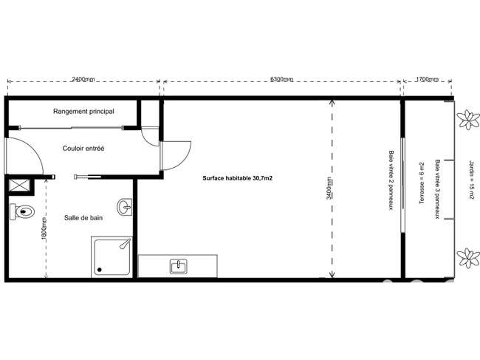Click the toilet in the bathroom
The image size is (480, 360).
pos(21,211)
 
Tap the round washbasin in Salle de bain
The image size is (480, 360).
pos(125,207)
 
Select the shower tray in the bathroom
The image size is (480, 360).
pos(112,257)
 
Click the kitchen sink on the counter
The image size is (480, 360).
pos(179,266)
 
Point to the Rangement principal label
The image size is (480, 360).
pos(83,111)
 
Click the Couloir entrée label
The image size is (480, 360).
pos(83,149)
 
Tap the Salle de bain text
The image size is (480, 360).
pos(83,218)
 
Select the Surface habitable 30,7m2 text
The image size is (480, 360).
pos(237,178)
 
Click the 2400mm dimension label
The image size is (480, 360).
pos(83,80)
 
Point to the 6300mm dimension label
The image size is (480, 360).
pos(281,79)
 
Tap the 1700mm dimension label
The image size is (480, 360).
pos(427,80)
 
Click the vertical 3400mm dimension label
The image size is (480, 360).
pos(329,189)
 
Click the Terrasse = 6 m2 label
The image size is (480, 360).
pos(422,183)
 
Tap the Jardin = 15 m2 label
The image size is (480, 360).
pos(472,180)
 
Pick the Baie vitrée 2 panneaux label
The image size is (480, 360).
pos(391,180)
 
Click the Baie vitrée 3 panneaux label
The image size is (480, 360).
pos(438,189)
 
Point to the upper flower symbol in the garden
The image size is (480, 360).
pos(468,120)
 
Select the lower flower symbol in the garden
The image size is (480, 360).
pos(468,258)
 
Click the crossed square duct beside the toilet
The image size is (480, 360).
pos(19,186)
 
